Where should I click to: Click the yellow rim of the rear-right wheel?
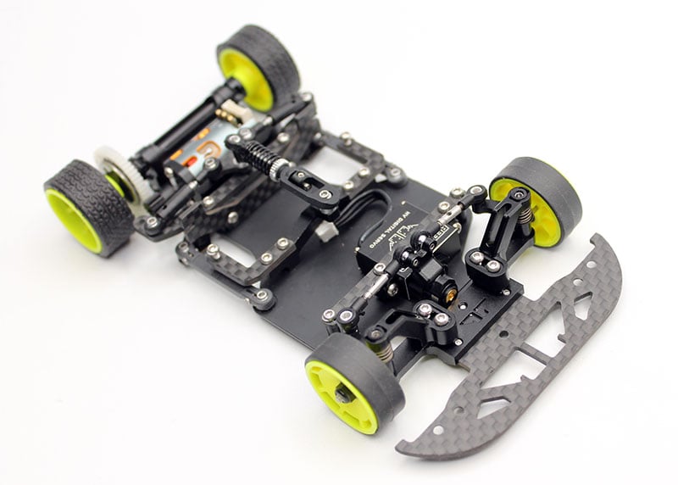click(x=246, y=75)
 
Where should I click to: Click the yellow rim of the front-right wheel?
click(x=534, y=212)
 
